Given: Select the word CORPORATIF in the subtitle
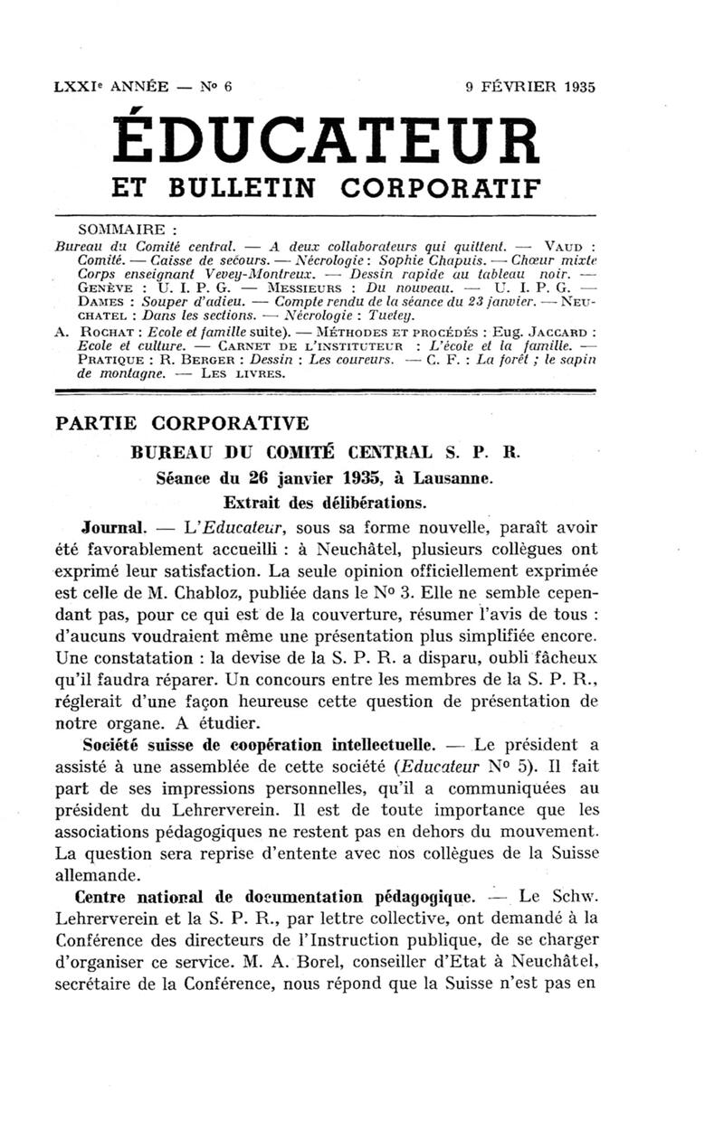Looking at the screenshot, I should coord(441,188).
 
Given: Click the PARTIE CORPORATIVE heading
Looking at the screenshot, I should coord(182,424).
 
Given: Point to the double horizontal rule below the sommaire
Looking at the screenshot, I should coord(325,392).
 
